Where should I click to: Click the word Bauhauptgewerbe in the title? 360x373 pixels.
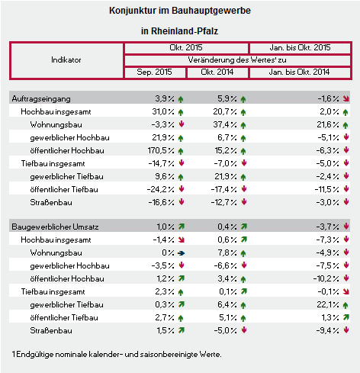click(211, 11)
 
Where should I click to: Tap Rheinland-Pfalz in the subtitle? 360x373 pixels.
click(185, 31)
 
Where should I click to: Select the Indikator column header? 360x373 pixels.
click(66, 60)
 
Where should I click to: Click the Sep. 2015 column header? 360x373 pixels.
click(154, 72)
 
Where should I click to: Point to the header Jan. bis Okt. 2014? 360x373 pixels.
click(299, 72)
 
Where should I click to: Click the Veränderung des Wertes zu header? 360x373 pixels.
click(237, 60)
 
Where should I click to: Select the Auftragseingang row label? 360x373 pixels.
click(41, 98)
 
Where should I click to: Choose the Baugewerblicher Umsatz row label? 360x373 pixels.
click(55, 227)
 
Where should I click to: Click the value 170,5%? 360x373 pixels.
click(161, 150)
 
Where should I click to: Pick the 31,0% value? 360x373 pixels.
click(163, 111)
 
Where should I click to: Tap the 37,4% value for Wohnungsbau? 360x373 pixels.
click(225, 124)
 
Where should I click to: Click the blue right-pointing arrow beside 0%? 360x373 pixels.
click(182, 253)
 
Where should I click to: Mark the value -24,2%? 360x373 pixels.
click(161, 189)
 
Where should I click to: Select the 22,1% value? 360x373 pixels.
click(328, 304)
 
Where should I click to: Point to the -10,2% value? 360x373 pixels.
click(326, 278)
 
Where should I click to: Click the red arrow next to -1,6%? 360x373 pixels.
click(346, 98)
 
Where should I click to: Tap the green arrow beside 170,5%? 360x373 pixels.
click(181, 151)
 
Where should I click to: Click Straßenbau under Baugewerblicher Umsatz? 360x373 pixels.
click(51, 330)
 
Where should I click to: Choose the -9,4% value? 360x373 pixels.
click(328, 330)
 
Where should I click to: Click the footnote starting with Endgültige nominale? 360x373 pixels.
click(119, 354)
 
